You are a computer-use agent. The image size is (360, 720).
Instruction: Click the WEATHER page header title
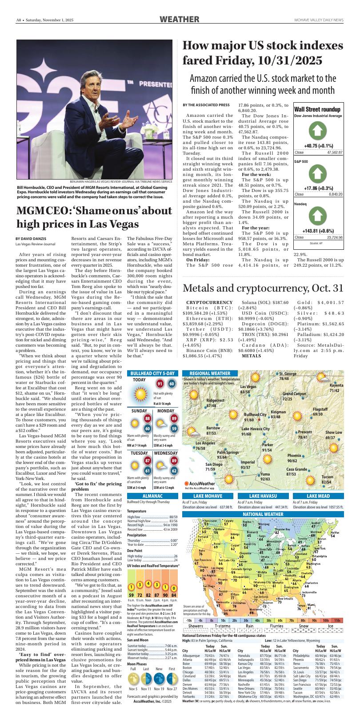[x=179, y=19]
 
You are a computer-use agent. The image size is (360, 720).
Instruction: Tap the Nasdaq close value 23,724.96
[x=334, y=238]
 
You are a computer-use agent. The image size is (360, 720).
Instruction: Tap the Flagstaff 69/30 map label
[x=320, y=412]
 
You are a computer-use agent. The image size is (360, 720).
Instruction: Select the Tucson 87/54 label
[x=327, y=480]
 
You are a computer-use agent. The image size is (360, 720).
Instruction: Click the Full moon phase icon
[x=133, y=678]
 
